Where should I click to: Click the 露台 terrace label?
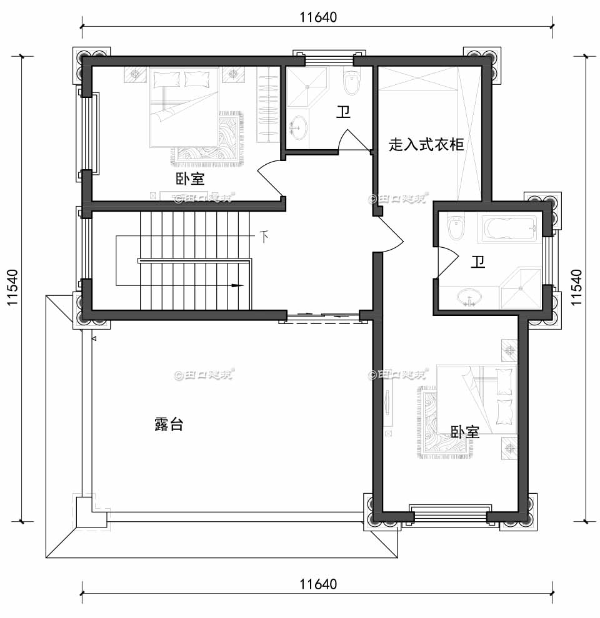click(168, 424)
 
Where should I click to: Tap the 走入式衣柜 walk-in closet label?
click(426, 145)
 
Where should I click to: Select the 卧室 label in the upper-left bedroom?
click(190, 179)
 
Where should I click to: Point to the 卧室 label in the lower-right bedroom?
click(465, 432)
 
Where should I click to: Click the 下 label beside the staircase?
click(264, 237)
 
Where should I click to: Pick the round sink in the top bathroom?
click(298, 127)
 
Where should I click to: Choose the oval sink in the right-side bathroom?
click(468, 298)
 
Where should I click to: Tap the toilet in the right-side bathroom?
click(456, 227)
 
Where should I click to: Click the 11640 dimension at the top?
click(317, 17)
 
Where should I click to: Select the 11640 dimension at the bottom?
click(317, 585)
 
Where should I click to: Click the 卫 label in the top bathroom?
click(343, 112)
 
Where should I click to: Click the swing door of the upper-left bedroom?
click(270, 179)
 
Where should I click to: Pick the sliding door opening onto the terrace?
click(322, 317)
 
